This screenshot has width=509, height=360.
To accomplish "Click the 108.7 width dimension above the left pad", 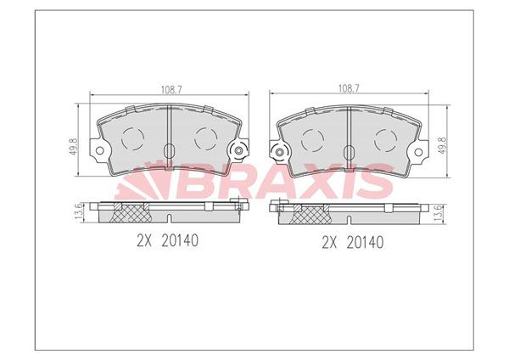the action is (171, 90).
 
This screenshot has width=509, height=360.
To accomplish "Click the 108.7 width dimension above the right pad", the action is (349, 88).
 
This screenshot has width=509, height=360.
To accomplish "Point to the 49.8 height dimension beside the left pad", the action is (73, 146).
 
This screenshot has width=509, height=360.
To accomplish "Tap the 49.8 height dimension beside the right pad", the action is (444, 146).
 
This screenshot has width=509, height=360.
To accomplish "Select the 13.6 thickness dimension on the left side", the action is (79, 213).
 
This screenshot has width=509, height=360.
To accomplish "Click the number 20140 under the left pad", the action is (180, 241).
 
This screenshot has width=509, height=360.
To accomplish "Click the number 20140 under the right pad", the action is (365, 242).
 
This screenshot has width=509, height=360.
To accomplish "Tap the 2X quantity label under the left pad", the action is (145, 241).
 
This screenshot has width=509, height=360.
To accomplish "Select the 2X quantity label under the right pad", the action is (330, 242).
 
